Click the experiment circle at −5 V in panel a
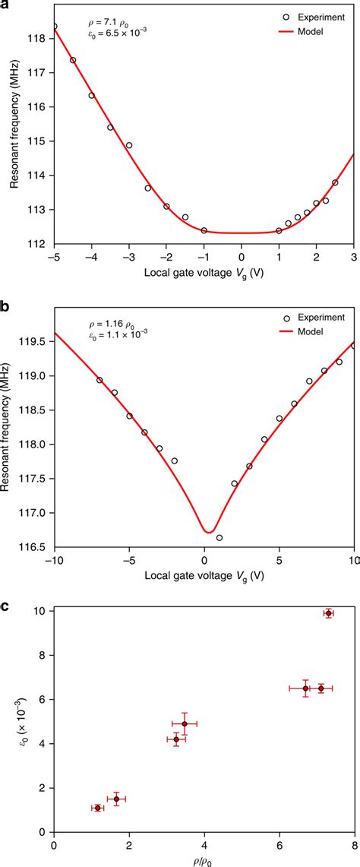click(x=54, y=27)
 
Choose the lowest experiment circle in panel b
click(x=219, y=537)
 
